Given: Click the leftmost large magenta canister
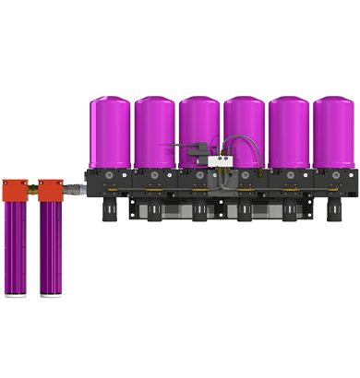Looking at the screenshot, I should pos(110,132).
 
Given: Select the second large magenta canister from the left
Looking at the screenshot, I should pos(155,132).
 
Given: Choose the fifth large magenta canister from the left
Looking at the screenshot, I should pos(289,132).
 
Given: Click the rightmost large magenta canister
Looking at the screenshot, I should pos(333,132).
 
